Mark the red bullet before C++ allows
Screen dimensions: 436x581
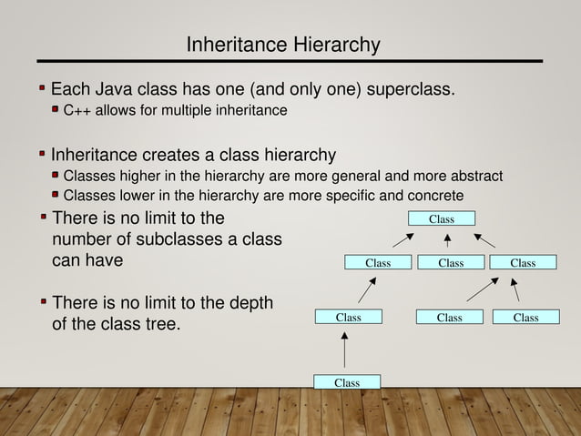(56, 110)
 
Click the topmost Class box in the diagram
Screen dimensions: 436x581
(441, 218)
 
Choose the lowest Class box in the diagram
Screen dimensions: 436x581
(346, 382)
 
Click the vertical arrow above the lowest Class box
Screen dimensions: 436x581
(345, 350)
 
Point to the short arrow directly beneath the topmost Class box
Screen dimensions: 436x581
(447, 240)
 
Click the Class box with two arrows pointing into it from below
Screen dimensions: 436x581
(523, 263)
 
